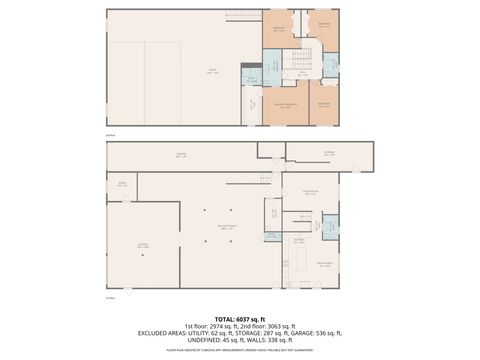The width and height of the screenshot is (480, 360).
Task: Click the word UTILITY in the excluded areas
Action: coord(187,332)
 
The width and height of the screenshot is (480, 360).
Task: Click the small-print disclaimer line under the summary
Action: coord(240,350)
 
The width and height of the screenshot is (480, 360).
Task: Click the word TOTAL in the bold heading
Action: coord(223,317)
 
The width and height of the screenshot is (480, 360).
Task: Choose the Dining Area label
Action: coord(324,263)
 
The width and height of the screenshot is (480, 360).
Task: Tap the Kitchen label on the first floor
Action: coord(298,240)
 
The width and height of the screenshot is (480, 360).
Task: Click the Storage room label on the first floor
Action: coord(328,153)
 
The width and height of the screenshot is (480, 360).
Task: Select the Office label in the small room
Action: coord(122,185)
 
